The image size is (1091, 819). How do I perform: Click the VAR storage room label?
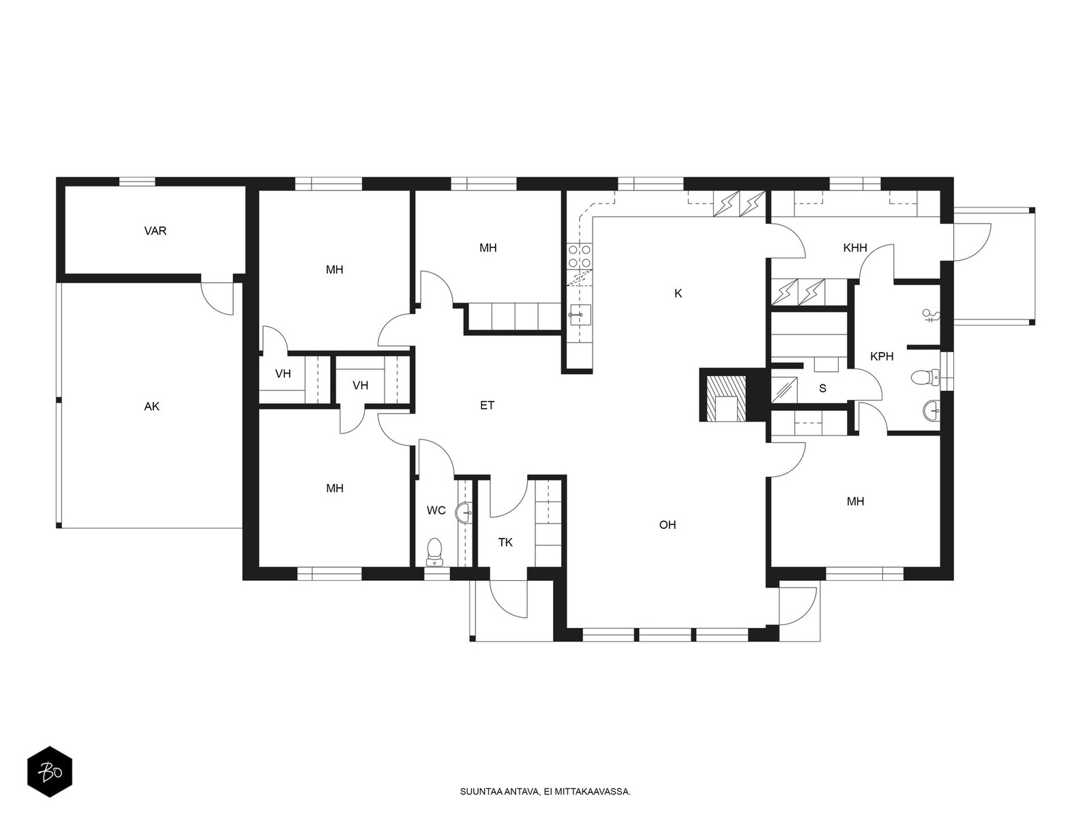click(x=155, y=231)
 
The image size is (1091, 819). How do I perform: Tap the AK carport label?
click(x=151, y=406)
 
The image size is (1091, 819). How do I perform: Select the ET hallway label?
click(x=487, y=405)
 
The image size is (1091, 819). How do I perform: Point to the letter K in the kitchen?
click(x=678, y=293)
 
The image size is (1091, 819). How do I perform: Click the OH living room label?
click(x=667, y=525)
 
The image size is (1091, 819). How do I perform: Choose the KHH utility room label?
click(x=855, y=248)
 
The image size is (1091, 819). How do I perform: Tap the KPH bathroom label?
click(x=882, y=356)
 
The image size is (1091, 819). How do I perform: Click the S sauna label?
click(x=822, y=388)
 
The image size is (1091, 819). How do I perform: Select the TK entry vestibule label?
click(x=505, y=542)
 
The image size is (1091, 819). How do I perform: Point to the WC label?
click(x=436, y=511)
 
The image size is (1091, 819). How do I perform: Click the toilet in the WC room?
click(x=434, y=551)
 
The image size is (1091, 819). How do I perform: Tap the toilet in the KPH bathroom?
click(x=925, y=377)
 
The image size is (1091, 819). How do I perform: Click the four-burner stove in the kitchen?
click(x=580, y=255)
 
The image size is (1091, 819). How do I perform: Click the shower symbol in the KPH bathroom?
click(x=930, y=315)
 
